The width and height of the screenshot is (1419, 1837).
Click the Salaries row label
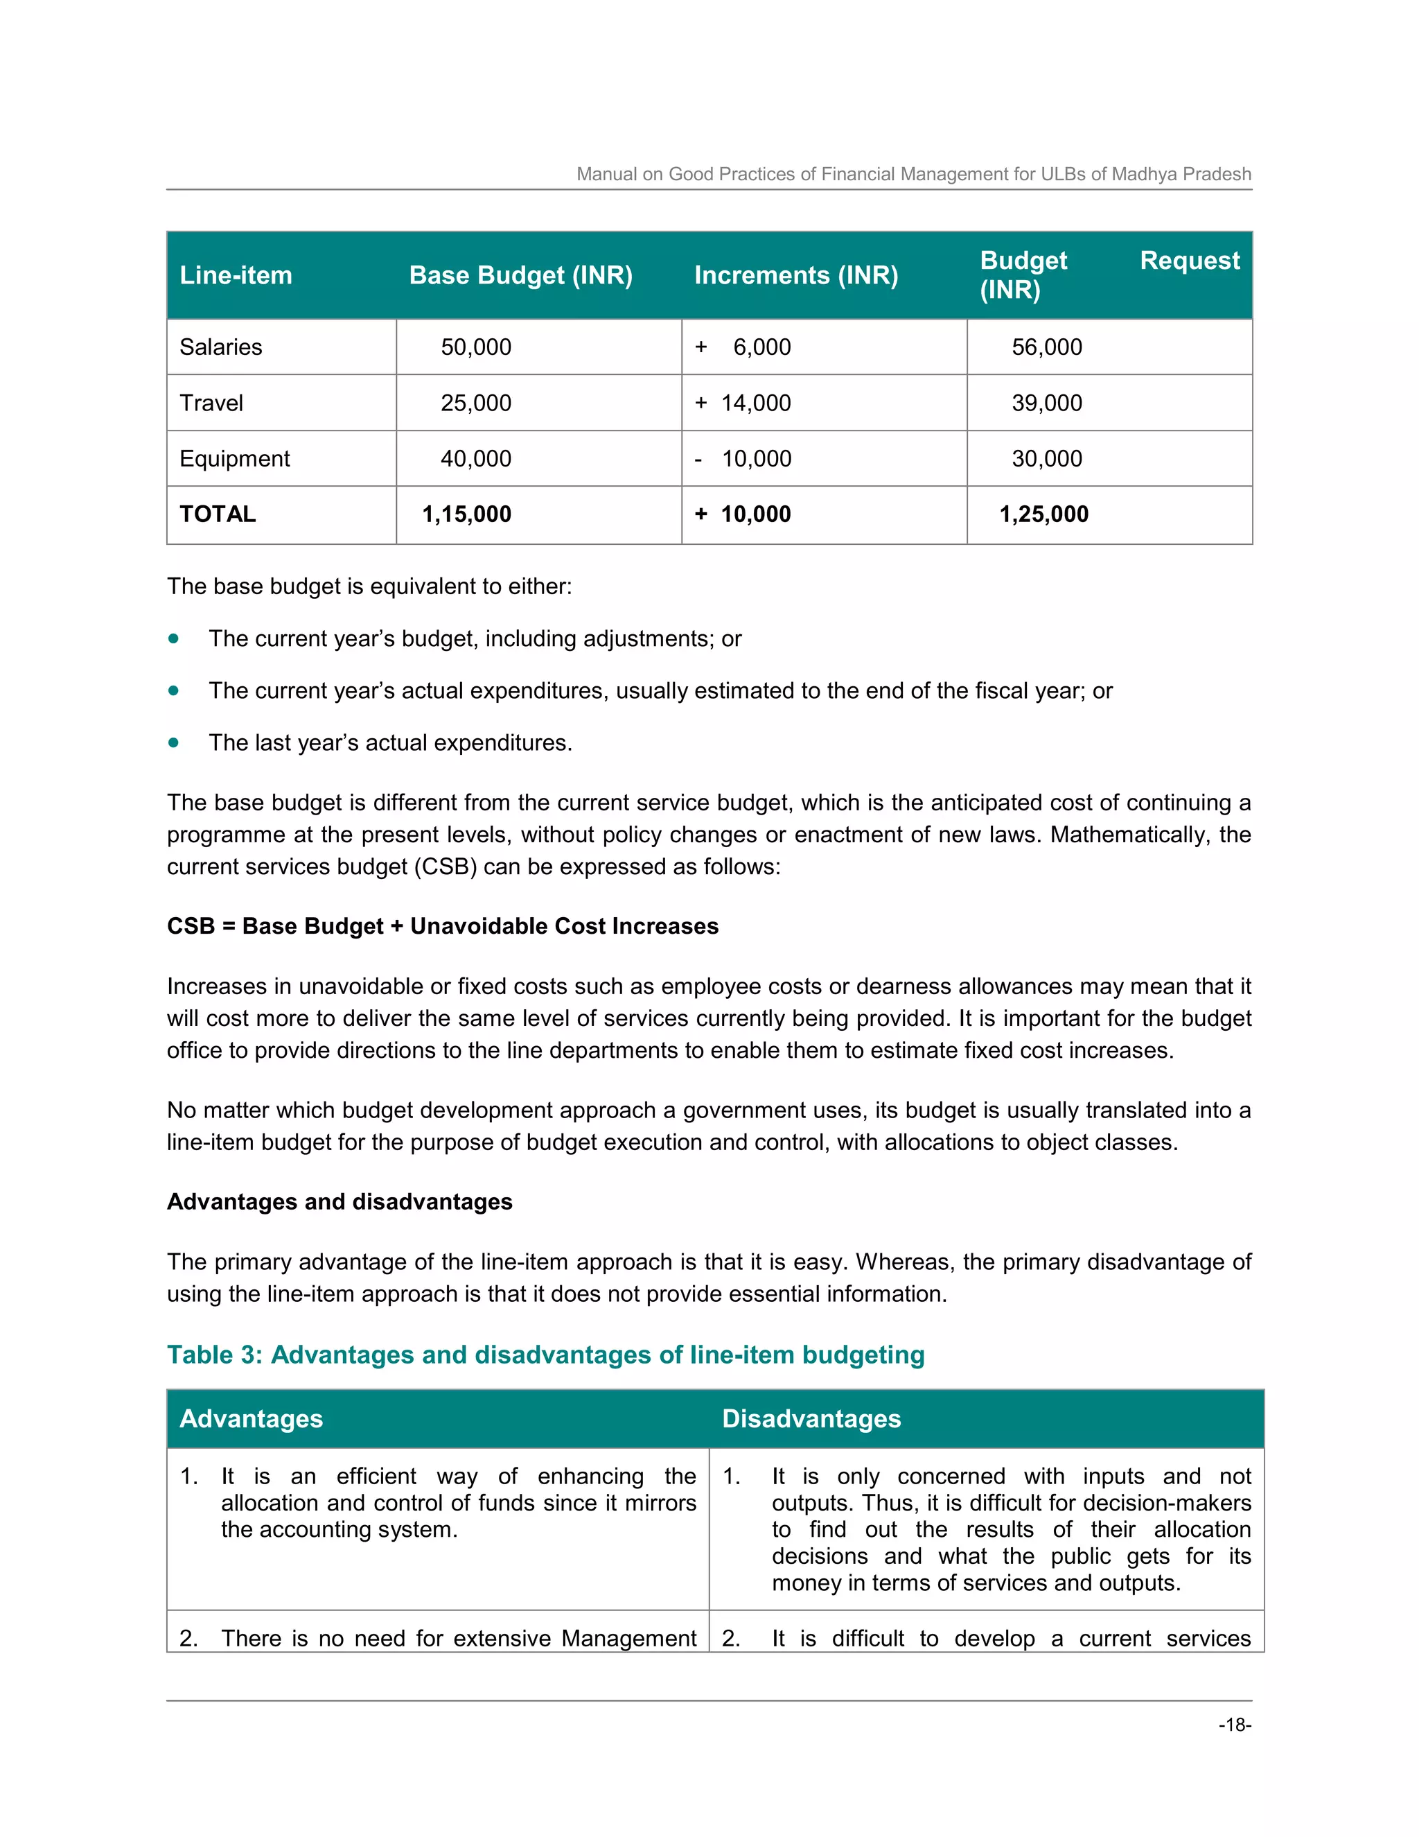tap(220, 347)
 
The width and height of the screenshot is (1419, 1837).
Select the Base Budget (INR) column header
tap(520, 275)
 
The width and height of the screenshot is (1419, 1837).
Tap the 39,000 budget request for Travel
tap(1047, 403)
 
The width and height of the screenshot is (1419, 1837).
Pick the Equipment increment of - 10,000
tap(743, 458)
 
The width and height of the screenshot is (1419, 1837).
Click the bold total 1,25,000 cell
tap(1043, 514)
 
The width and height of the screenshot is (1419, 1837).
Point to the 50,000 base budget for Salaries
tap(476, 347)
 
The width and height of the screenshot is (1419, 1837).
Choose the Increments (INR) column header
tap(795, 275)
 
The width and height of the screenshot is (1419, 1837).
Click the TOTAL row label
tap(217, 514)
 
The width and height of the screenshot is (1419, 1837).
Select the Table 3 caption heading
tap(545, 1355)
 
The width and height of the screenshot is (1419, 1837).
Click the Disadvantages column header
tap(811, 1419)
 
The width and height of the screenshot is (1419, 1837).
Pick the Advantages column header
tap(251, 1419)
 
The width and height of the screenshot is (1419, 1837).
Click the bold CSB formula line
tap(442, 926)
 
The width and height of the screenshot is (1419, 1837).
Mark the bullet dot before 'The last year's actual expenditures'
tap(173, 742)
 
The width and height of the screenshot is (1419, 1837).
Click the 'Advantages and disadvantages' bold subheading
tap(339, 1201)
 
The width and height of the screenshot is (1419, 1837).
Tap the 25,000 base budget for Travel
tap(476, 403)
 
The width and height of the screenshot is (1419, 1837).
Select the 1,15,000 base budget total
tap(466, 514)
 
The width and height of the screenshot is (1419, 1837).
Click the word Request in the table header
tap(1189, 261)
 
